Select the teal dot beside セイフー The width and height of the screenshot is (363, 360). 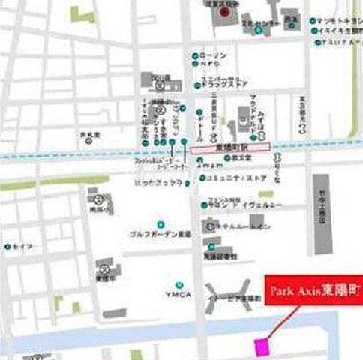(8, 246)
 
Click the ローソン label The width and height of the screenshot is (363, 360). (215, 55)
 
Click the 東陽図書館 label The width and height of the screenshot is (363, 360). (220, 256)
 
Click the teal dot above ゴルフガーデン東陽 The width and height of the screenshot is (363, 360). (160, 223)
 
